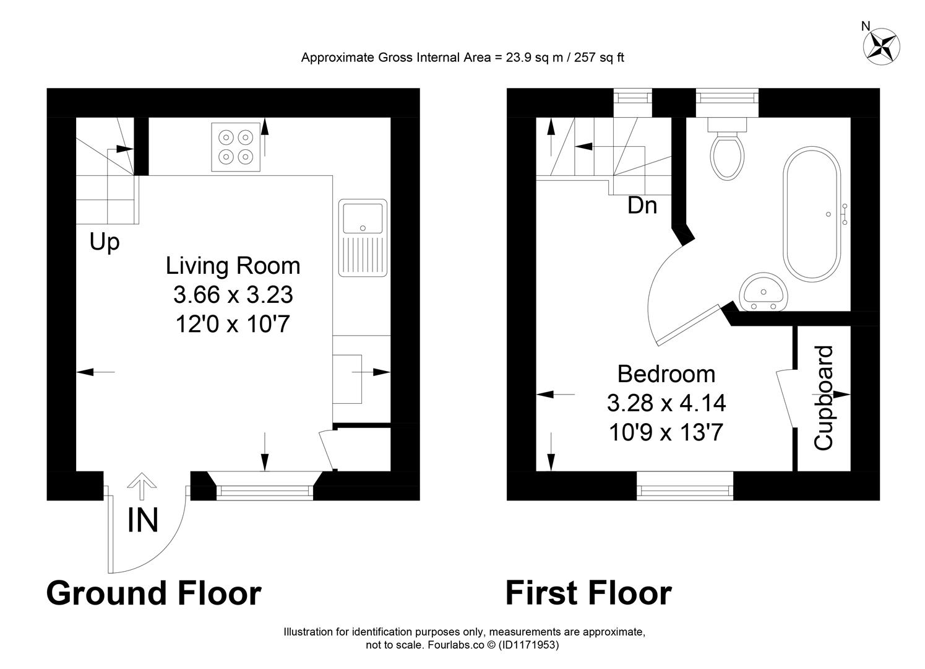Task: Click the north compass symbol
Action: [x=882, y=46]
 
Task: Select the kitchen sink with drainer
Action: [x=362, y=238]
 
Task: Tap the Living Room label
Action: [x=233, y=266]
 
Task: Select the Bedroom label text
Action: [x=666, y=374]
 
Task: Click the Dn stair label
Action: [x=642, y=205]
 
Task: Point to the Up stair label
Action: [x=104, y=242]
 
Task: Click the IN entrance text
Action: [x=143, y=520]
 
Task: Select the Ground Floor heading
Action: [x=153, y=593]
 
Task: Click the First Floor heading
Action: [x=588, y=593]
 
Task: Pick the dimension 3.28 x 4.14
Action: [x=666, y=403]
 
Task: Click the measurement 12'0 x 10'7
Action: [x=233, y=323]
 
